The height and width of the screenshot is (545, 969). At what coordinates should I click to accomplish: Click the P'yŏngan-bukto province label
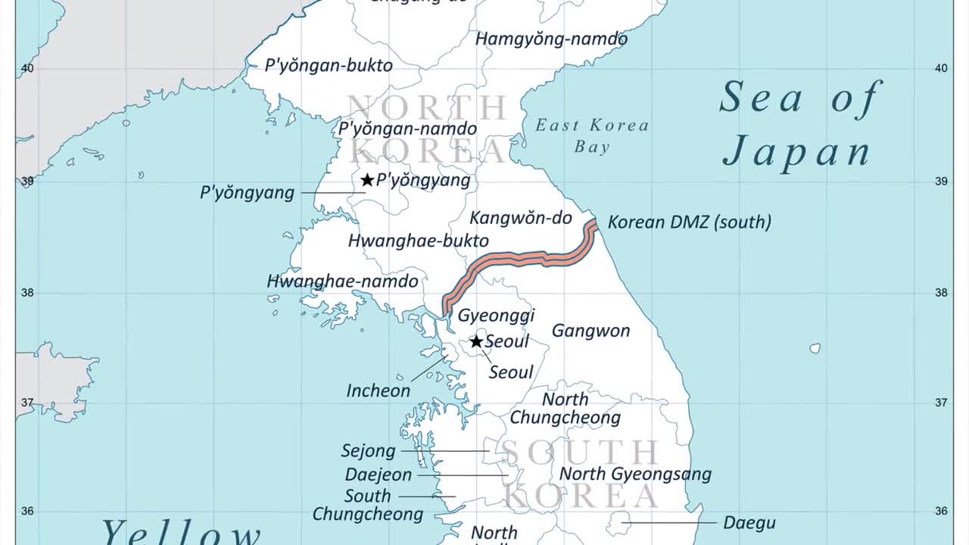329,66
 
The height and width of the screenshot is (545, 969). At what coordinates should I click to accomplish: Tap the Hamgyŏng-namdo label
551,39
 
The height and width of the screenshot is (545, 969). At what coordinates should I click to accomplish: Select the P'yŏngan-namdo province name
407,129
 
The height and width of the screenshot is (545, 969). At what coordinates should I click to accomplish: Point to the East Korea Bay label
592,135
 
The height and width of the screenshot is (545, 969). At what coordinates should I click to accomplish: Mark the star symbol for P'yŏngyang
367,180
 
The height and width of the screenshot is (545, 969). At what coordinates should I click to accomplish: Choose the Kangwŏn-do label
521,219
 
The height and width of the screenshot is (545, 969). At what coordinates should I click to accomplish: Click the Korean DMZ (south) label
690,223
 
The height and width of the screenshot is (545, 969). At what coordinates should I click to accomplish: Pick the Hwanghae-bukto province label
418,241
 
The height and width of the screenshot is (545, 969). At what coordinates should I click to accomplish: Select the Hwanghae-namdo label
342,282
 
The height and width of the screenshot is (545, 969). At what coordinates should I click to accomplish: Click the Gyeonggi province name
496,316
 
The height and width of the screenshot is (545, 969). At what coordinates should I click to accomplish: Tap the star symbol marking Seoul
476,341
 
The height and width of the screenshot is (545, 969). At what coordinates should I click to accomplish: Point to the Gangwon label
590,331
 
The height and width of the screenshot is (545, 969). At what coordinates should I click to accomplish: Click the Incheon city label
378,391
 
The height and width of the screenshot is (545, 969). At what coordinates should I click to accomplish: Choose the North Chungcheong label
565,408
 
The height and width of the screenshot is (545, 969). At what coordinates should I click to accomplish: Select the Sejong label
368,451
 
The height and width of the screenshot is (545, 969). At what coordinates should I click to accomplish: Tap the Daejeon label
379,475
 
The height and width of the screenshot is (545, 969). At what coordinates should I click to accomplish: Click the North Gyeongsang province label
635,475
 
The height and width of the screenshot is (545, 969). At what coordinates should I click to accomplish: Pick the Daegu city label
749,523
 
